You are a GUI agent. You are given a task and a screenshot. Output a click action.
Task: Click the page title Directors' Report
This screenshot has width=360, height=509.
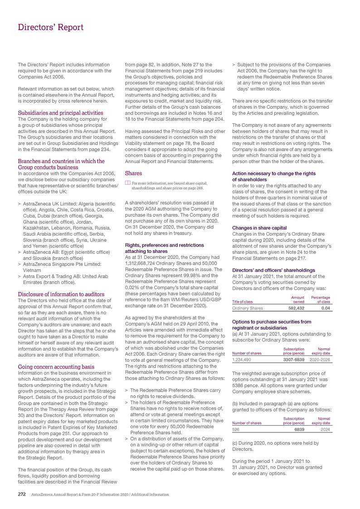click(50, 28)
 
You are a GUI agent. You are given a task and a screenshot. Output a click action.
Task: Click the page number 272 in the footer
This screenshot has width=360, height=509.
click(21, 494)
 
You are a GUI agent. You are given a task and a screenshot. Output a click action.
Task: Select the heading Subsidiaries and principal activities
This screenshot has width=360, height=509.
click(60, 113)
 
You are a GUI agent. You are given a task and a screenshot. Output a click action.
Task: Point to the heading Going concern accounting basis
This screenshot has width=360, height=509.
click(55, 366)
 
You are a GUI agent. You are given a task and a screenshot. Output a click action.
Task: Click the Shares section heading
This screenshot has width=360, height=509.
click(134, 173)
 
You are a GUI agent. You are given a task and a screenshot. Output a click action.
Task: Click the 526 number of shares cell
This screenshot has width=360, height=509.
click(236, 429)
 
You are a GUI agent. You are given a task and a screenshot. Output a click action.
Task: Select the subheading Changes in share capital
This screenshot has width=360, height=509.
click(259, 228)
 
